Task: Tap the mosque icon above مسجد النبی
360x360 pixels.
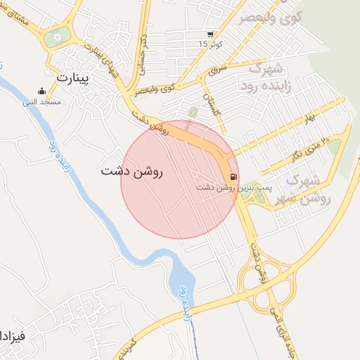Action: point(41,91)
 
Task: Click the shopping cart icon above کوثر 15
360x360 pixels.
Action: point(210,34)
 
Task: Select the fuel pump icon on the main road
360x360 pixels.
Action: point(233,176)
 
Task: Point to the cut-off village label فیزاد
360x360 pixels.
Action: point(13,335)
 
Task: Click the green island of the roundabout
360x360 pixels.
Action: point(58,37)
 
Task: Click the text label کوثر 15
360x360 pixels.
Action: point(209,44)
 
